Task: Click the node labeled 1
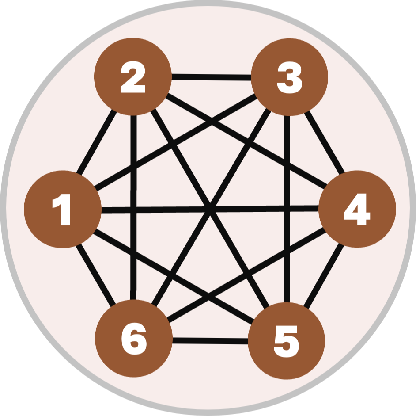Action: [x=62, y=209]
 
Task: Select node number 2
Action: [x=132, y=76]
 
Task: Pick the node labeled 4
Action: [x=357, y=209]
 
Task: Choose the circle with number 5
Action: [x=286, y=341]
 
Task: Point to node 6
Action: [x=133, y=339]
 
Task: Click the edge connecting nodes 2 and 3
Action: [x=211, y=77]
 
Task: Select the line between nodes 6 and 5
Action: [x=210, y=340]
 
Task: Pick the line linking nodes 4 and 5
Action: [x=324, y=275]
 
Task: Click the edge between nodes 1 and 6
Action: [x=96, y=275]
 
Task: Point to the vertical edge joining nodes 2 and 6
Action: [x=133, y=208]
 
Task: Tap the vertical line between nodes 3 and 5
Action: [x=287, y=208]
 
